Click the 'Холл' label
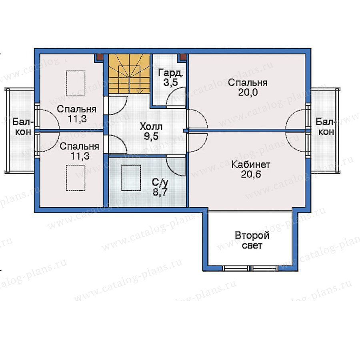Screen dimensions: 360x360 tap(151, 126)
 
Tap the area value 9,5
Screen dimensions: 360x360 tap(151, 136)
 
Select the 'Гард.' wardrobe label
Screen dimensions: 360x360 tap(170, 73)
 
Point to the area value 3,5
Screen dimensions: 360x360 tap(170, 82)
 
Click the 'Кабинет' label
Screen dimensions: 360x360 tap(251, 165)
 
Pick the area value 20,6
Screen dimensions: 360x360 tap(251, 174)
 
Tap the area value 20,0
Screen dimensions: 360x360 tap(248, 92)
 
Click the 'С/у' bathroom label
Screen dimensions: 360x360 tap(160, 182)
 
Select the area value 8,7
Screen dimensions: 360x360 tap(160, 192)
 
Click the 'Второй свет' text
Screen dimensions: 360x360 tap(252, 241)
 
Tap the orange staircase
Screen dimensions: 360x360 tap(129, 74)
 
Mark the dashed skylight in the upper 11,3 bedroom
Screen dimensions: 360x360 tap(76, 83)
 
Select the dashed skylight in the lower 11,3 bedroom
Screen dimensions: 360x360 tap(76, 178)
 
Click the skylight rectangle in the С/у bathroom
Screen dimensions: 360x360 tap(131, 178)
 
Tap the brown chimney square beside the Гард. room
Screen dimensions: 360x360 tap(183, 57)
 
